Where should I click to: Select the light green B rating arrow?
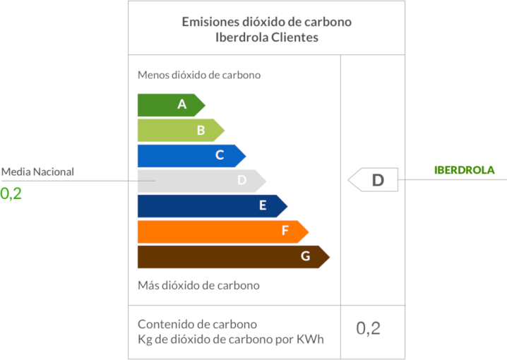tap(181, 130)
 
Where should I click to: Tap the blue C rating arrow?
tap(191, 155)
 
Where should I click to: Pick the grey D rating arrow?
tap(201, 181)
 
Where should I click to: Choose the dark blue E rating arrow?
tap(212, 206)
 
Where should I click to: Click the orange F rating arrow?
tap(222, 231)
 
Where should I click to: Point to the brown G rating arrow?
tap(233, 256)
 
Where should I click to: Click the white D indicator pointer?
tap(374, 180)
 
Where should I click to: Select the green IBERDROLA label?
tap(464, 170)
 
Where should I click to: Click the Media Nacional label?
tap(37, 172)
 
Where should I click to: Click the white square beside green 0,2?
tap(29, 195)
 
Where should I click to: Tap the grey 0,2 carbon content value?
tap(368, 328)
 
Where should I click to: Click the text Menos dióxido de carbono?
tap(199, 75)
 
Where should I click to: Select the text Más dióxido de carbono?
tap(198, 285)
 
